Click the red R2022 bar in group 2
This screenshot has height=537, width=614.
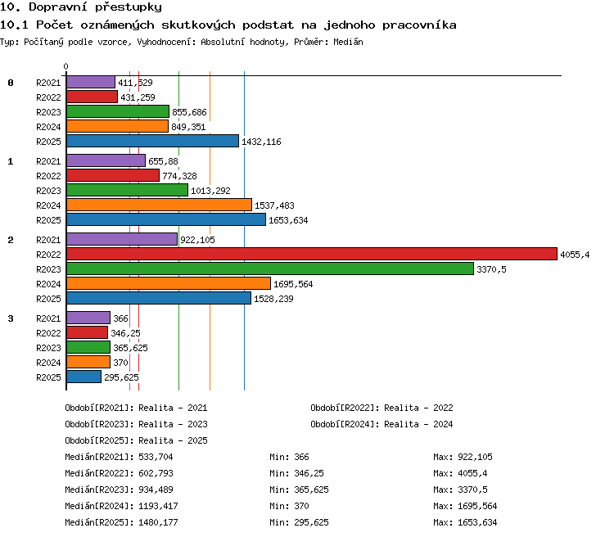(x=312, y=254)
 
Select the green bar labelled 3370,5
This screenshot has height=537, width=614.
(x=270, y=268)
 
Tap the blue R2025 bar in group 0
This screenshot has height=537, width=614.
(x=152, y=141)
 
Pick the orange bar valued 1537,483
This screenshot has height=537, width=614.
(x=159, y=205)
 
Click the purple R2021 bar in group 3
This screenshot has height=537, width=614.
(x=88, y=318)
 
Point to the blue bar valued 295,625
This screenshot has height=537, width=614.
(x=84, y=377)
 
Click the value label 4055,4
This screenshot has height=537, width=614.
(x=575, y=255)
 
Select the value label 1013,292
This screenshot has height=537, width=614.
(x=210, y=191)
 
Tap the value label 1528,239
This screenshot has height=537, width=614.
(x=273, y=299)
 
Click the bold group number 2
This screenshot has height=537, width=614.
(x=11, y=240)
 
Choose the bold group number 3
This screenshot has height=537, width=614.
(x=11, y=318)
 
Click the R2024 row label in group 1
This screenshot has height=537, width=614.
(x=48, y=205)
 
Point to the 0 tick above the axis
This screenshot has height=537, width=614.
(x=65, y=66)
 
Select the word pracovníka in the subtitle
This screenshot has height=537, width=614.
(x=419, y=25)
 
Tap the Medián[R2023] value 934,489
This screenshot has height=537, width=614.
(x=156, y=490)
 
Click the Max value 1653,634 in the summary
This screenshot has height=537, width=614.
(x=477, y=522)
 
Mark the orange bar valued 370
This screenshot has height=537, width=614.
(x=88, y=362)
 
